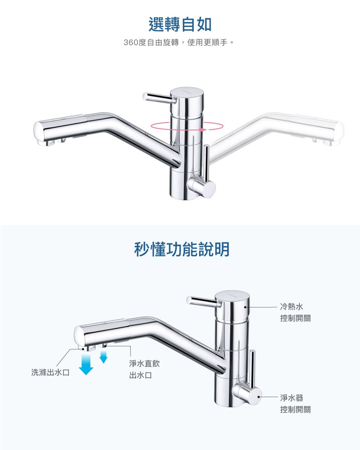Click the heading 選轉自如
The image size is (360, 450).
[x=180, y=24]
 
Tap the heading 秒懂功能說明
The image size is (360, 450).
[x=182, y=249]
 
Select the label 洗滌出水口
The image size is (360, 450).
[x=50, y=372]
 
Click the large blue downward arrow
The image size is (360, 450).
[x=86, y=364]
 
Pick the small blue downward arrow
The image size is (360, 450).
[x=104, y=357]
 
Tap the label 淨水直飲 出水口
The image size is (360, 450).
[x=144, y=369]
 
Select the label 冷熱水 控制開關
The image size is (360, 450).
[x=295, y=312]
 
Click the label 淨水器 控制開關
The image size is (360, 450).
[x=295, y=404]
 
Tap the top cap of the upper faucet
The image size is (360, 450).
[x=187, y=92]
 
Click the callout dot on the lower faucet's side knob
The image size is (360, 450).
[x=259, y=397]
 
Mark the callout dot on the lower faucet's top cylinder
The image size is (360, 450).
[x=245, y=307]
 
